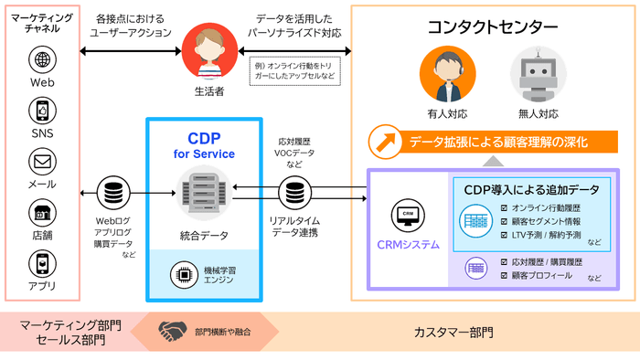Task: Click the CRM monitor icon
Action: click(x=408, y=217)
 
